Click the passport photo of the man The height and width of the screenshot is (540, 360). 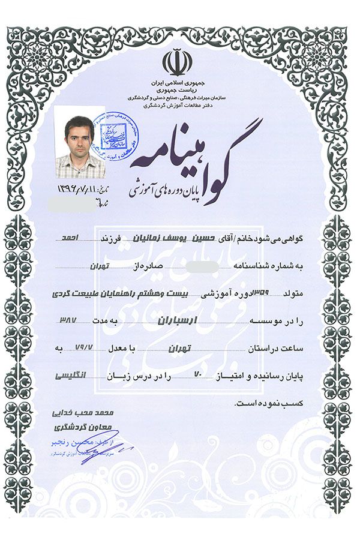tap(80, 142)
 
